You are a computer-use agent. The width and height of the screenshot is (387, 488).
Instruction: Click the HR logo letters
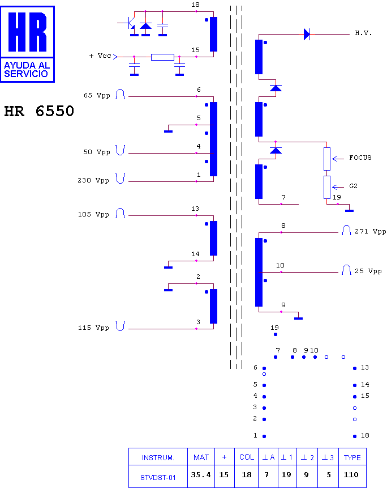tap(27, 32)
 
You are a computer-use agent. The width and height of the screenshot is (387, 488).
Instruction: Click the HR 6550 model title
tap(39, 111)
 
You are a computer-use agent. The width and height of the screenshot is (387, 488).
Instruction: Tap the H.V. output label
tap(363, 33)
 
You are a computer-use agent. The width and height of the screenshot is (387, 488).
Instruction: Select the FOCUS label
tap(360, 158)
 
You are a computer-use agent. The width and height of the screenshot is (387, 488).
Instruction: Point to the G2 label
tap(353, 186)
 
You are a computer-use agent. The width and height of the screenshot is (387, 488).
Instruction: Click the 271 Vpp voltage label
tap(370, 231)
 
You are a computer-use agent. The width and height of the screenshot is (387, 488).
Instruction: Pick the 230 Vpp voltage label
tap(93, 180)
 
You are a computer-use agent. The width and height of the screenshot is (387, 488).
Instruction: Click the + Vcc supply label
tap(100, 56)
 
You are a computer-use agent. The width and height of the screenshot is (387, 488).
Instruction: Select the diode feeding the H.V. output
tap(307, 34)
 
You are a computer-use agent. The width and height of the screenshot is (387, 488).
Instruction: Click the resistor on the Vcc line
tap(162, 57)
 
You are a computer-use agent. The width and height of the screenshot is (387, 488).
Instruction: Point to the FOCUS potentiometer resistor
tap(327, 159)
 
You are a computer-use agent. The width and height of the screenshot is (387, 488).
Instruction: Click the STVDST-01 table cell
tap(158, 477)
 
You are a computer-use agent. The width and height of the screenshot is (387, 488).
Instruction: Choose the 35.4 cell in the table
tap(201, 474)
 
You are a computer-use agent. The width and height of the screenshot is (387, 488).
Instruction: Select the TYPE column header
tap(352, 457)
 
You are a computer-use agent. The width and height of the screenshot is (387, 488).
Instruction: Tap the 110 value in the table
tap(351, 474)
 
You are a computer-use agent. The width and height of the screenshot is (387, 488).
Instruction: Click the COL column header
tap(247, 457)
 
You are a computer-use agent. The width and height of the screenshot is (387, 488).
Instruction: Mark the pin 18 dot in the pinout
tap(355, 436)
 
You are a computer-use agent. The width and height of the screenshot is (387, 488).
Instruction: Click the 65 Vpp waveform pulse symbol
tap(120, 94)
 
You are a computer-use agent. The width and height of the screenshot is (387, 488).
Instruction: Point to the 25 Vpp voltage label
tap(368, 271)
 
